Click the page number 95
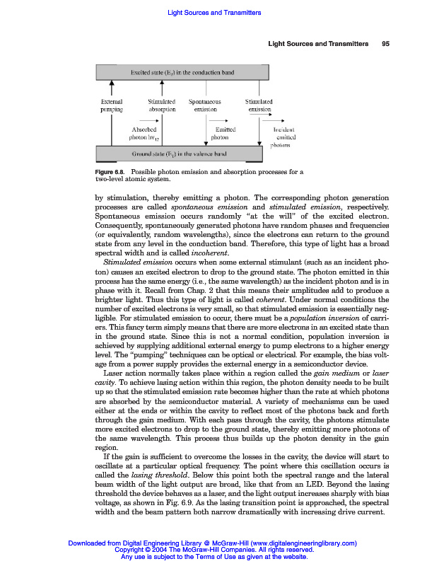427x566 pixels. point(385,45)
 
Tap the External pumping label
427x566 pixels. point(112,106)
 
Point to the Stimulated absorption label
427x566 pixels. point(162,106)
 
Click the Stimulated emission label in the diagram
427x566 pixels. point(258,106)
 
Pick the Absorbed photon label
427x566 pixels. point(146,134)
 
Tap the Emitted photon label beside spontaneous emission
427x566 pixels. point(215,134)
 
